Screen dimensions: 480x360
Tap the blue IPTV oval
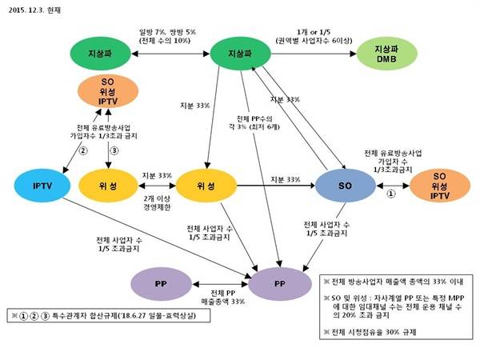42,186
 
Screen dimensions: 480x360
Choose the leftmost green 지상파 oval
99,54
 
